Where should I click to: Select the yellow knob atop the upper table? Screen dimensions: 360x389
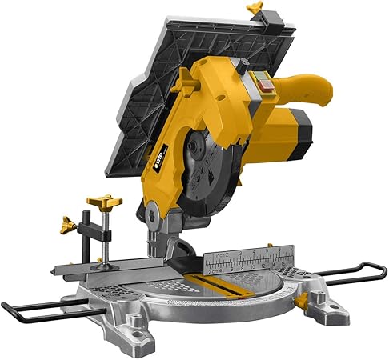[256, 9]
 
